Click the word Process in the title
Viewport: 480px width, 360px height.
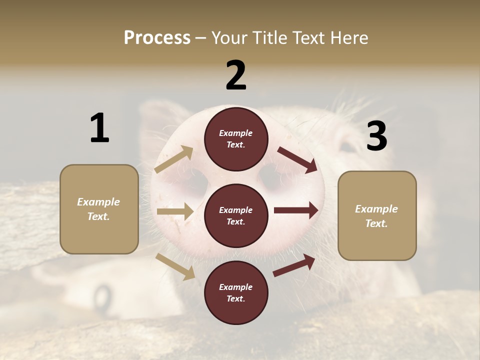157,37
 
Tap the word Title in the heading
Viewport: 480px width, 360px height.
269,37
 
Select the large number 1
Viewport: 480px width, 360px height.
99,128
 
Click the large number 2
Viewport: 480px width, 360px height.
236,75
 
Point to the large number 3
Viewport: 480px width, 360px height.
376,136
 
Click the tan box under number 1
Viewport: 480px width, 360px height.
99,209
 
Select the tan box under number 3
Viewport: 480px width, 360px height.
377,216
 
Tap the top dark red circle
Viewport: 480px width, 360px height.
236,139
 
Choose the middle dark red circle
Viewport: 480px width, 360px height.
236,216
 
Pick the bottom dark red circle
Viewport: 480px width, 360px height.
236,293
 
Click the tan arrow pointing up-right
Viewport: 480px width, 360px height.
174,159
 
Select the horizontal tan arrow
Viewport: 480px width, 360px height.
175,211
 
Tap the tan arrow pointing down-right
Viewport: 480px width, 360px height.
175,266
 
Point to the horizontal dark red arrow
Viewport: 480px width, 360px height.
296,209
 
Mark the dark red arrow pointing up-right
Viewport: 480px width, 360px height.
294,265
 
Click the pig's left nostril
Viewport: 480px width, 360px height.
198,182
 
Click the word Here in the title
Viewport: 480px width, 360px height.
349,37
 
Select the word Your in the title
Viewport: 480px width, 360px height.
229,37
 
